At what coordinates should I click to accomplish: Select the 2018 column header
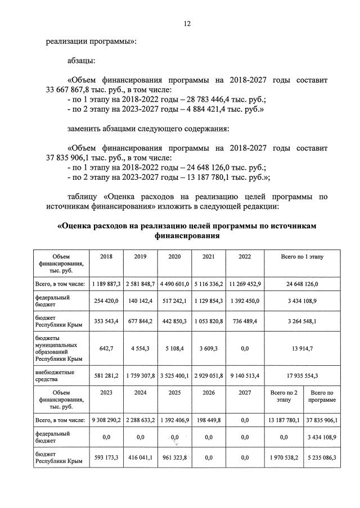point(106,256)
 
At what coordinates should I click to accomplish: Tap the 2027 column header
point(245,394)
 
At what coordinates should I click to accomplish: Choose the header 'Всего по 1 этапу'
point(303,256)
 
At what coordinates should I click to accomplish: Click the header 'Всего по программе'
point(322,398)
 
